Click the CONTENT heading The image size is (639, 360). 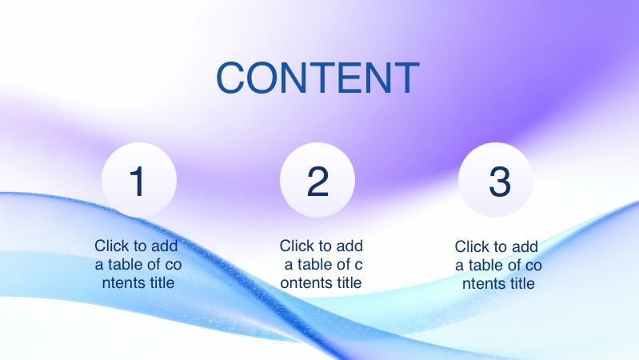click(x=318, y=77)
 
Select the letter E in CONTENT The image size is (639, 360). click(x=358, y=78)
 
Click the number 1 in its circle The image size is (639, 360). click(x=138, y=182)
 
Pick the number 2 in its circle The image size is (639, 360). click(x=318, y=182)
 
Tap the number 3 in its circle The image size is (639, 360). click(x=499, y=182)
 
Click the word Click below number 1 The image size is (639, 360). click(x=111, y=246)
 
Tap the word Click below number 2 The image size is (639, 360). click(x=297, y=246)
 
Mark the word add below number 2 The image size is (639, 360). click(x=349, y=246)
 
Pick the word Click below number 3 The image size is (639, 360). click(x=472, y=246)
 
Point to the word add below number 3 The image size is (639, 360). click(x=524, y=246)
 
